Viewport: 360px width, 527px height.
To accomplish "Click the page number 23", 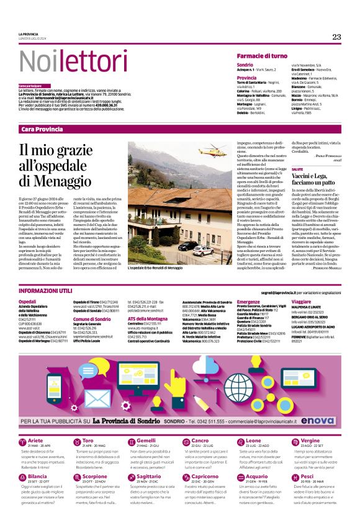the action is pos(336,37).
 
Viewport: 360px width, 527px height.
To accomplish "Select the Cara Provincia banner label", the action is pos(42,128).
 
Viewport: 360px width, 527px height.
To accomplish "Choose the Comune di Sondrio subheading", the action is pos(91,318).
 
